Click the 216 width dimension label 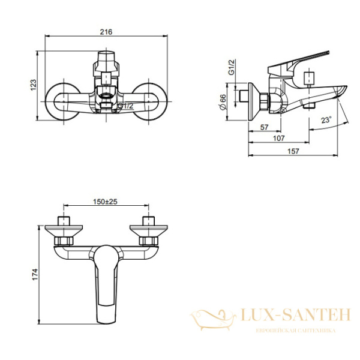coord(106,32)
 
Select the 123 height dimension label coord(34,85)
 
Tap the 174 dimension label coord(35,274)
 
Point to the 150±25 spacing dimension coord(105,202)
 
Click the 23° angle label coord(326,120)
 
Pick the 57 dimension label coord(264,127)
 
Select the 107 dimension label coord(279,139)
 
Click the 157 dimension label coord(293,151)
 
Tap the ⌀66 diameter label coord(223,102)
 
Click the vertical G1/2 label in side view coord(232,67)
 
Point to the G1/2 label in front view coord(125,106)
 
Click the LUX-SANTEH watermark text coord(295,314)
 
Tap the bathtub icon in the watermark coord(213,319)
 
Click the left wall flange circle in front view coord(64,101)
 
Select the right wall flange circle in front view coord(149,101)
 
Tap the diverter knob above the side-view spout coord(309,77)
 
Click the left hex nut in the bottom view coord(64,241)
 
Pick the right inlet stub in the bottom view coord(149,221)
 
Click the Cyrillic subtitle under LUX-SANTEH coord(295,331)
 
